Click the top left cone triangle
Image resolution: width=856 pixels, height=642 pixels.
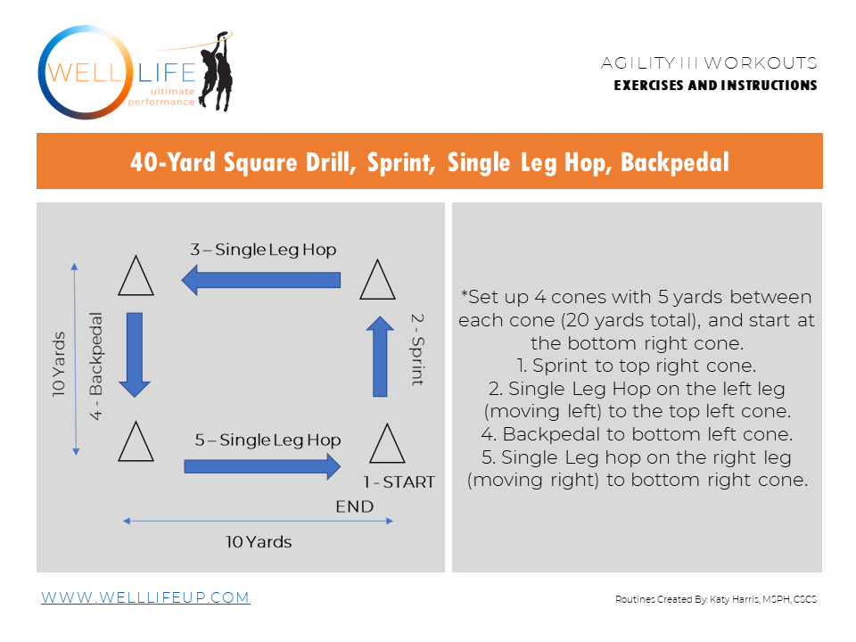pos(136,276)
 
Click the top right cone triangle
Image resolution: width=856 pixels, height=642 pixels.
pos(377,280)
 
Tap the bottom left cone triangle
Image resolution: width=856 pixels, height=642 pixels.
pos(136,442)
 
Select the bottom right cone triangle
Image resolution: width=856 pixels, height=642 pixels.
pos(386,443)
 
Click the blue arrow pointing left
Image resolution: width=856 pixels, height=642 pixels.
pos(261,281)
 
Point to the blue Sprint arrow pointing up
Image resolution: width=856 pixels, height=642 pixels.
pos(381,356)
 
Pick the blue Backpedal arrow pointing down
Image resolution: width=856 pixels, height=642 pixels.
pos(136,354)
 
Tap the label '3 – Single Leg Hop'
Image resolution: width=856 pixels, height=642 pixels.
pos(263,250)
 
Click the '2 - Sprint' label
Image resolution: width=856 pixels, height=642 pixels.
pos(416,349)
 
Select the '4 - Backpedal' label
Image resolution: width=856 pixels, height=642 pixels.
pos(97,366)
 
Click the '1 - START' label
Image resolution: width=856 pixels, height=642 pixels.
pos(398,482)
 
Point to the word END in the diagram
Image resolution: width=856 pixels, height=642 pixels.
pos(354,506)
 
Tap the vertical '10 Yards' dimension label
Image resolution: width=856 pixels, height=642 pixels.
pos(58,364)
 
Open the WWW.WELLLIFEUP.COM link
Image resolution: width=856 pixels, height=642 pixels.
pos(145,597)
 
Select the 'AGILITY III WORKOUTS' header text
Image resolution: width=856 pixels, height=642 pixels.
pos(709,63)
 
